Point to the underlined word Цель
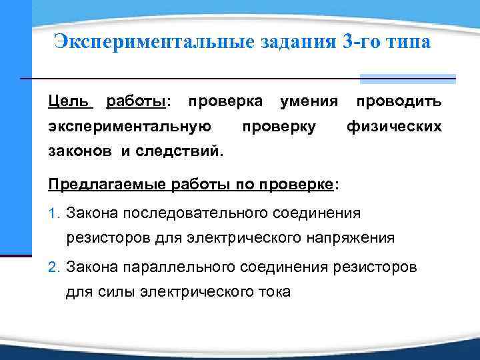(69, 101)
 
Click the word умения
(309, 101)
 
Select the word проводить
(398, 101)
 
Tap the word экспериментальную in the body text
(130, 126)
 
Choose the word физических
(394, 126)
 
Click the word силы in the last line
(116, 291)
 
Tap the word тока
(273, 291)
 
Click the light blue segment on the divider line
(407, 79)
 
